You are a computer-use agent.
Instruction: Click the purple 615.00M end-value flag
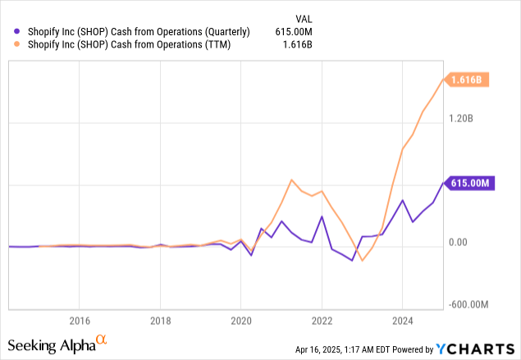point(470,184)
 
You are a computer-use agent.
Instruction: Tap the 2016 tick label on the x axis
point(79,320)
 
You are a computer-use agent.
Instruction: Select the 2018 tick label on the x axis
point(160,320)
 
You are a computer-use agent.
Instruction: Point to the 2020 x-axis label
point(240,320)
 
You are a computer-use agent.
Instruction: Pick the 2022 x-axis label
point(322,320)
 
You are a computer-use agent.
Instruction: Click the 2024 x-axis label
point(403,320)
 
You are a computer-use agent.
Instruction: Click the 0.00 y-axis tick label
point(460,243)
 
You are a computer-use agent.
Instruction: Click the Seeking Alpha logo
point(57,342)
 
